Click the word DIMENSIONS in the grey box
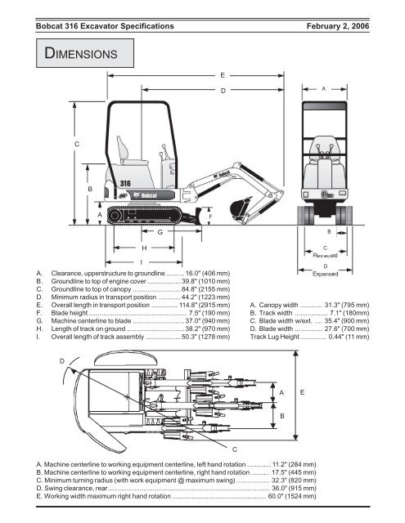[x=81, y=53]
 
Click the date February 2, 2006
[x=338, y=26]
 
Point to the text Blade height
[x=69, y=313]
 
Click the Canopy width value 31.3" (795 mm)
[x=347, y=305]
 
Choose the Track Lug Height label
[x=275, y=337]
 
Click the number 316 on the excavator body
[x=125, y=183]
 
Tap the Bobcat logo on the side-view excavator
[x=145, y=195]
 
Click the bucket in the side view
[x=239, y=208]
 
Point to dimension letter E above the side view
[x=223, y=75]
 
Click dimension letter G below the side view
[x=160, y=232]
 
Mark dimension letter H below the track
[x=144, y=248]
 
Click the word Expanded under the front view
[x=325, y=274]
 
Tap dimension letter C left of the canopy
[x=77, y=144]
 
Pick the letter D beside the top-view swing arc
[x=61, y=361]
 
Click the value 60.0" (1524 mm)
[x=292, y=496]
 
